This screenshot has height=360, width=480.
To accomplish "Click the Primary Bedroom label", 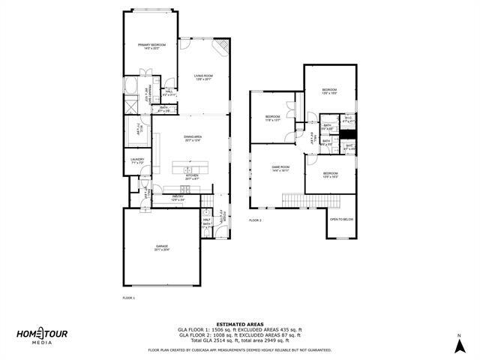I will pos(151,46).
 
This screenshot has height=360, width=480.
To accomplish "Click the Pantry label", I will pos(177,198).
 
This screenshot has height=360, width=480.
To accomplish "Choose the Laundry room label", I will pos(137,160).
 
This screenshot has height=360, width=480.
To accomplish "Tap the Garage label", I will pos(162,248).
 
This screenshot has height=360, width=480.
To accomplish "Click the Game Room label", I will pos(280,168).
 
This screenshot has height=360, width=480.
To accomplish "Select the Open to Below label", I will pos(341,219).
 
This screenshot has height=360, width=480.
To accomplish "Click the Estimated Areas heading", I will pos(239,324).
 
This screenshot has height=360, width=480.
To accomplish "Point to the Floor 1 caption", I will pos(128,298).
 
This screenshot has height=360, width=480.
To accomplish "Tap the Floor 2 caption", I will pos(256,220).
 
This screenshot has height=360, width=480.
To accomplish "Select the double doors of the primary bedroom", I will pos(150,72).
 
